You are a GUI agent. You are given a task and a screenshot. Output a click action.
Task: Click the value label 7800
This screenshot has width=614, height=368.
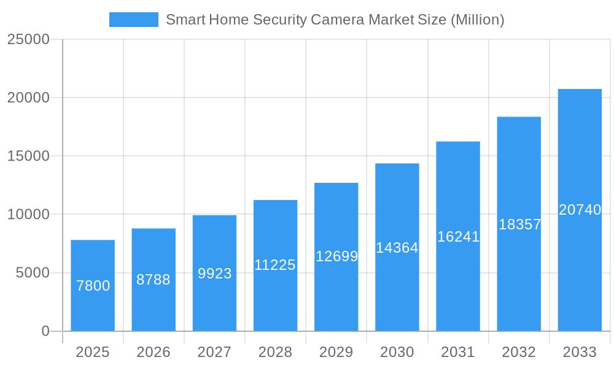pyautogui.click(x=93, y=286)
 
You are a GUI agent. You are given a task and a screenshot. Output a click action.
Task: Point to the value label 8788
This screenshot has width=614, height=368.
pyautogui.click(x=153, y=280)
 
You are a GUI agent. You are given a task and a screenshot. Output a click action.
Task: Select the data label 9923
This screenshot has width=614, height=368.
pyautogui.click(x=214, y=274)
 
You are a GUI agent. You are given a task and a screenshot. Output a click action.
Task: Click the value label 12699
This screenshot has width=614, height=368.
pyautogui.click(x=336, y=256)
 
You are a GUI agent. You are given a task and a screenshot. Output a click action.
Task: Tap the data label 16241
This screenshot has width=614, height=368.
pyautogui.click(x=458, y=237)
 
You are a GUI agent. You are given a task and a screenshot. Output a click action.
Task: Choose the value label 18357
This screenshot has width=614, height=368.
pyautogui.click(x=519, y=224)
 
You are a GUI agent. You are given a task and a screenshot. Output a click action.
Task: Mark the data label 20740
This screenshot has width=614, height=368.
pyautogui.click(x=580, y=210)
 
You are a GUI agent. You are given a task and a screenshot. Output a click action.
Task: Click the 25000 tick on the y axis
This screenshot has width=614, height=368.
pyautogui.click(x=28, y=39)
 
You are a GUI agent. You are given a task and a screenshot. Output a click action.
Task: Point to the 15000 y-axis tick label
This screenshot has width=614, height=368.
pyautogui.click(x=28, y=156)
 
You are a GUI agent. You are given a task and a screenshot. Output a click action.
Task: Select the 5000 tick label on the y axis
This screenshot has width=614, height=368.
pyautogui.click(x=32, y=273)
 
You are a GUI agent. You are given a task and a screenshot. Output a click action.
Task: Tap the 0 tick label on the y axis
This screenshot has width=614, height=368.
pyautogui.click(x=45, y=331)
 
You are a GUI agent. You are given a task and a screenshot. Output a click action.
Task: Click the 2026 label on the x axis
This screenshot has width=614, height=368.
pyautogui.click(x=153, y=352)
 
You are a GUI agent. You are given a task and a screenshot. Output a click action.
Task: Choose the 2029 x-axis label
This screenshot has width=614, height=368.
pyautogui.click(x=336, y=352)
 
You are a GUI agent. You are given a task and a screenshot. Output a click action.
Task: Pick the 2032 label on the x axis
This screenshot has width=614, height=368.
pyautogui.click(x=519, y=352)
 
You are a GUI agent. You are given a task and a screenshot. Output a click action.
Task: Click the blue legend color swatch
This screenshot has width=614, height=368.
pyautogui.click(x=133, y=20)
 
